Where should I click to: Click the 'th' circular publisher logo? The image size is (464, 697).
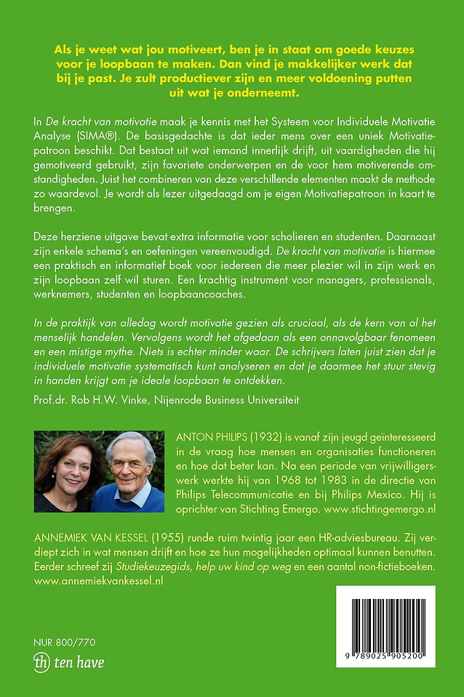click(43, 662)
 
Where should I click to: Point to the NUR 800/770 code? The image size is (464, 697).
click(64, 642)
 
